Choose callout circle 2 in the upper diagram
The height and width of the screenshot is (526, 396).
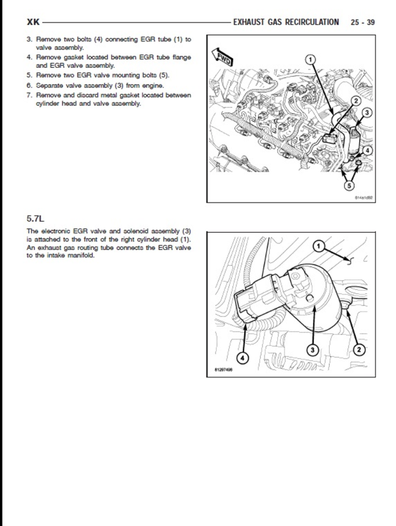click(x=354, y=101)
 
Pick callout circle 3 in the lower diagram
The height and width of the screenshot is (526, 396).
click(x=313, y=349)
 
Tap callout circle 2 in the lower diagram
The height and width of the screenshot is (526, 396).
click(x=359, y=349)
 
